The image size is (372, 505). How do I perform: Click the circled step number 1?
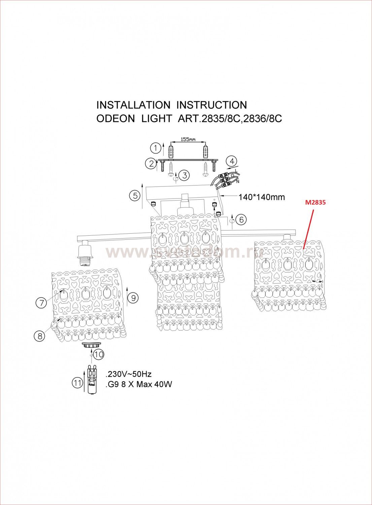point(155,147)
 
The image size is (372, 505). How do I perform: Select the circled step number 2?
point(150,164)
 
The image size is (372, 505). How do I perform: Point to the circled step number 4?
point(232,161)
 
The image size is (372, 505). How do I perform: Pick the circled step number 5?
point(135,196)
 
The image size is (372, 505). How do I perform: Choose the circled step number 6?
point(241,220)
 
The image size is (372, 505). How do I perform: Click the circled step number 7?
point(41,303)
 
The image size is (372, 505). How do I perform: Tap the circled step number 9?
point(133,298)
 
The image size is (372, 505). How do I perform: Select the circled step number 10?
point(99,354)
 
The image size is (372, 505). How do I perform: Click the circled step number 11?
point(77,382)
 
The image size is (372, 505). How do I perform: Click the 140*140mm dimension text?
point(262,197)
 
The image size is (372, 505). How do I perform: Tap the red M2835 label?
point(316,203)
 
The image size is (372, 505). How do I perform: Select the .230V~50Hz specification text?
point(129,374)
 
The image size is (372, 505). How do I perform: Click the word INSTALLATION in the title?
point(133,105)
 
